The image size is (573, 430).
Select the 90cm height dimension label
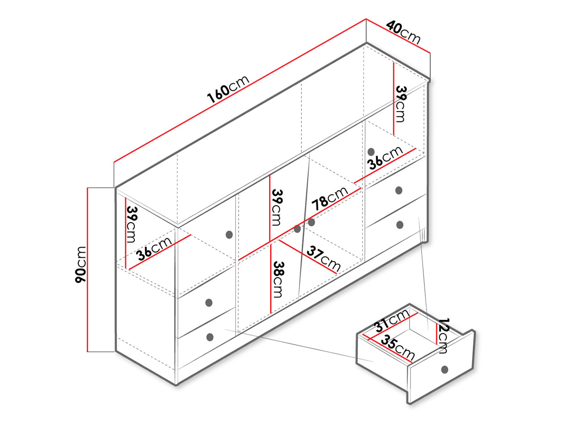81,264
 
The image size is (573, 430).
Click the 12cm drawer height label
443,335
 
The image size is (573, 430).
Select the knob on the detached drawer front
445,370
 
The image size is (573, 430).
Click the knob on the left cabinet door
229,235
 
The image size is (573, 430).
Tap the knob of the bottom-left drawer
210,337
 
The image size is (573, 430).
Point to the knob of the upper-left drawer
209,303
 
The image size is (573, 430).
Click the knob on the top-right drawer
398,190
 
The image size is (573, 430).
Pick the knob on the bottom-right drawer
400,225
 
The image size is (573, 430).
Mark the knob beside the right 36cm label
371,152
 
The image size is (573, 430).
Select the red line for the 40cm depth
398,36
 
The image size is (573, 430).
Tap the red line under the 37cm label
308,257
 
